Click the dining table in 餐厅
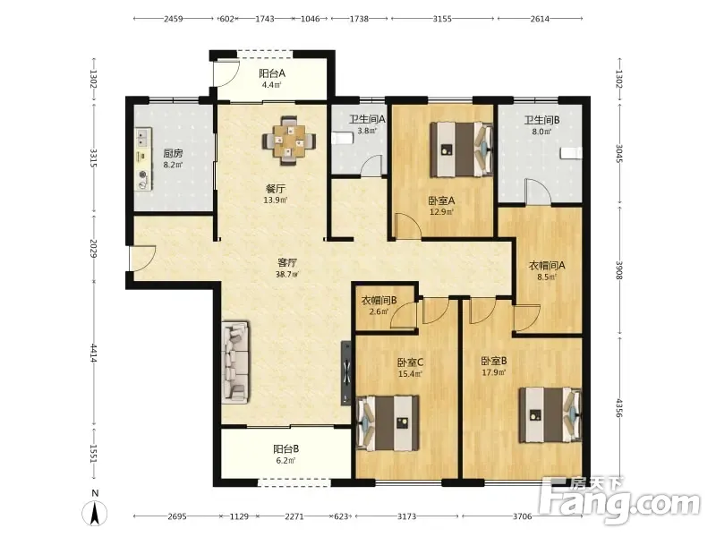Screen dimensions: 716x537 289,141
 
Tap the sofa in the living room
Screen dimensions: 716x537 235,362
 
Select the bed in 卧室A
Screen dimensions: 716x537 462,149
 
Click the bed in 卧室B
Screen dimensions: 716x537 550,415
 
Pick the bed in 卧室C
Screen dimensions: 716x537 388,422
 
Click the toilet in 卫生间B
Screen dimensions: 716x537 571,153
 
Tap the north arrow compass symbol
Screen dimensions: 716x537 95,510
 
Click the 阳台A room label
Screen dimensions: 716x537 272,73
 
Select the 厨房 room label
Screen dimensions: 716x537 173,153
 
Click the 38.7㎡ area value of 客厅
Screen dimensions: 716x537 287,275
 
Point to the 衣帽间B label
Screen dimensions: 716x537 379,300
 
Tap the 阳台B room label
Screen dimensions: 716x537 286,449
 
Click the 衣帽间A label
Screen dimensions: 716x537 547,265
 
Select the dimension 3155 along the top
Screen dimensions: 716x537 442,19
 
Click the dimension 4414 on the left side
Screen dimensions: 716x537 93,353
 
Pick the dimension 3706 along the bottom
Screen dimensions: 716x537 522,516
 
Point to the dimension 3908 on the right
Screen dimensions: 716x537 619,270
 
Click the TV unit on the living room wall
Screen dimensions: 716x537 346,372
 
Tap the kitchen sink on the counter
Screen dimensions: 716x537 143,137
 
